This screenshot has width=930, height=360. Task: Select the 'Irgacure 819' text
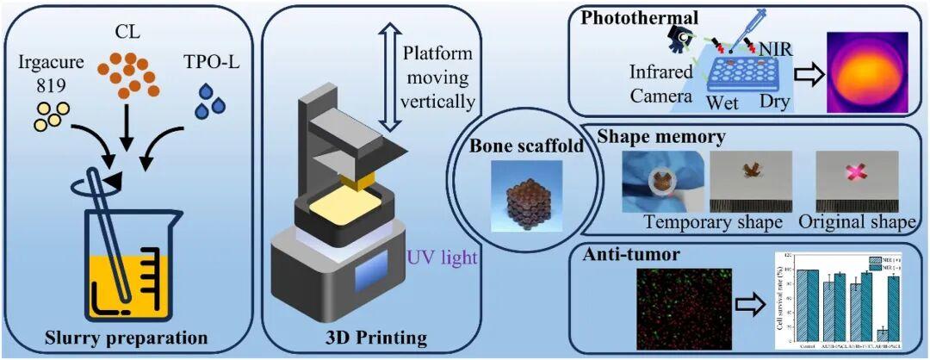(x=51, y=74)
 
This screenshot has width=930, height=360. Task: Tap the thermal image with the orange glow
(x=867, y=71)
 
